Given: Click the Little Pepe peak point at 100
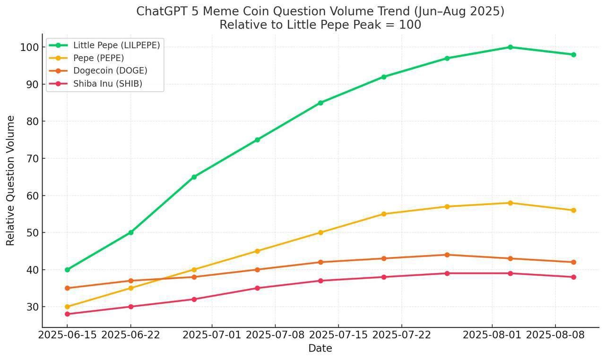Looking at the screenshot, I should [510, 47].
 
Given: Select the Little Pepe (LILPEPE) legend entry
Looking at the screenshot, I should [116, 45].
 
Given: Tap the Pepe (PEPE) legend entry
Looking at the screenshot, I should [98, 58].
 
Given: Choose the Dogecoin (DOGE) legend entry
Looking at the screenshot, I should [110, 71].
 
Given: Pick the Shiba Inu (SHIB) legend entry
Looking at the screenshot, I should [107, 84].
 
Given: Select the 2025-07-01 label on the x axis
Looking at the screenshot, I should [212, 335].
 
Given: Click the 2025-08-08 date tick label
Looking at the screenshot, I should [555, 335].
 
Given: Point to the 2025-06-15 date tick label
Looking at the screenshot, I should [67, 335].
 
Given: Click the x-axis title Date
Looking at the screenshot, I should [320, 349].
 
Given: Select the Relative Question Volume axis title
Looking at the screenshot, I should [10, 180].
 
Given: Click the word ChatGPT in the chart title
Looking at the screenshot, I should [160, 11].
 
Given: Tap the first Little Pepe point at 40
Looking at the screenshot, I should [67, 270].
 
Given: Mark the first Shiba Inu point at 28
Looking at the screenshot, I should [67, 314].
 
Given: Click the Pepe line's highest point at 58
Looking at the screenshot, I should [510, 203].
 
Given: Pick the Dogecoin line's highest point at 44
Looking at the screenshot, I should [447, 255].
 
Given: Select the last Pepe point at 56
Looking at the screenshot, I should [573, 210].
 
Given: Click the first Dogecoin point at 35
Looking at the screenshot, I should [67, 288].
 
